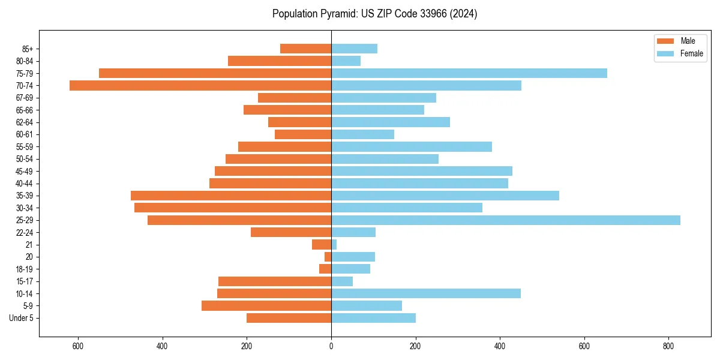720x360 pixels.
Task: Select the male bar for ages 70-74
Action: [x=200, y=86]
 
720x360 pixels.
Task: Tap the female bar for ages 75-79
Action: [x=469, y=73]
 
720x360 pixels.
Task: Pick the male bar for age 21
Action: [x=322, y=245]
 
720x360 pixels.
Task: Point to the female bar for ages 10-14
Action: [x=425, y=293]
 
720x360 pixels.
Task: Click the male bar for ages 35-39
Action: [x=231, y=196]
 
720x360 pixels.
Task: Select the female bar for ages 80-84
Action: [x=346, y=61]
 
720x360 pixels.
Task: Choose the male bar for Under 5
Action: [x=289, y=318]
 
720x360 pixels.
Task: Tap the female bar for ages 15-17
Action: [x=342, y=281]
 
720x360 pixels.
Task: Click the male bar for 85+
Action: [x=305, y=49]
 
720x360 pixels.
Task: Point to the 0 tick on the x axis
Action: [x=331, y=346]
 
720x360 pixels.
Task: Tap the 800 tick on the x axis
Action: [x=668, y=346]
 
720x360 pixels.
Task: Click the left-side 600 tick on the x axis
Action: [x=78, y=346]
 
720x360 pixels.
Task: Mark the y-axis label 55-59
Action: [x=24, y=147]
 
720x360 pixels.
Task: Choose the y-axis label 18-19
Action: [x=24, y=269]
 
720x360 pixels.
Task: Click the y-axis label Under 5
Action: [x=22, y=318]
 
